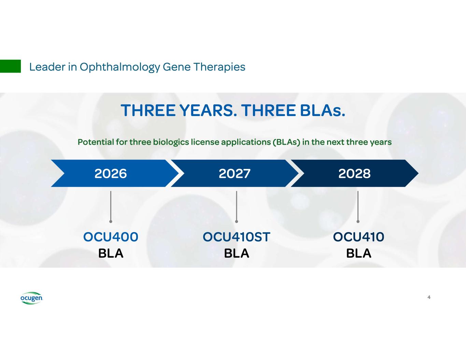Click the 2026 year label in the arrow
pos(111,174)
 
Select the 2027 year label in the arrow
pos(235,174)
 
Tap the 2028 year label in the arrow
pos(354,174)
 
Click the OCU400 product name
pos(111,237)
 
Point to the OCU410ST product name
pos(236,237)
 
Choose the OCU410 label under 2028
pos(358,237)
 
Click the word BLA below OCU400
pos(111,254)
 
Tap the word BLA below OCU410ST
pos(237,254)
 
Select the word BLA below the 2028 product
pos(358,254)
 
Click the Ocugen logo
pos(31,298)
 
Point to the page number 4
pos(429,297)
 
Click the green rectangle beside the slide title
pos(10,66)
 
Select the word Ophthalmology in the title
pos(120,67)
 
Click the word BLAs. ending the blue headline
pos(323,111)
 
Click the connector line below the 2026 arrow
pos(111,206)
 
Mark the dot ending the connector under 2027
pos(237,221)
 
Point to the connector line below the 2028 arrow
pos(358,206)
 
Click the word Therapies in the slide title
pos(220,67)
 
